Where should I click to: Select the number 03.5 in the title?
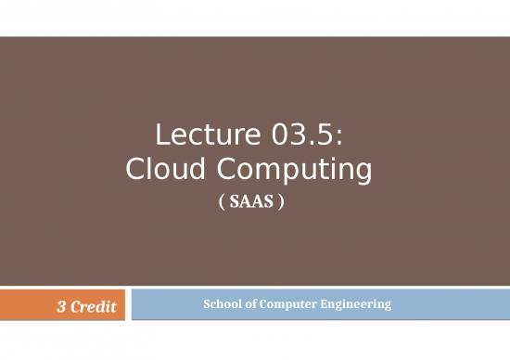coord(298,140)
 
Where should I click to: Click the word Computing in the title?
coord(289,173)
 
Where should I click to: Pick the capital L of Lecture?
coord(159,140)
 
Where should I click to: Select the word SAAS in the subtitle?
coord(255,200)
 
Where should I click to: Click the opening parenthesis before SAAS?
coord(231,200)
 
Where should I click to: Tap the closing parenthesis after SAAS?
coord(279,200)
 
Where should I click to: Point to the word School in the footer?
coord(220,303)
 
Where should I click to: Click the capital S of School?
coord(206,303)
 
